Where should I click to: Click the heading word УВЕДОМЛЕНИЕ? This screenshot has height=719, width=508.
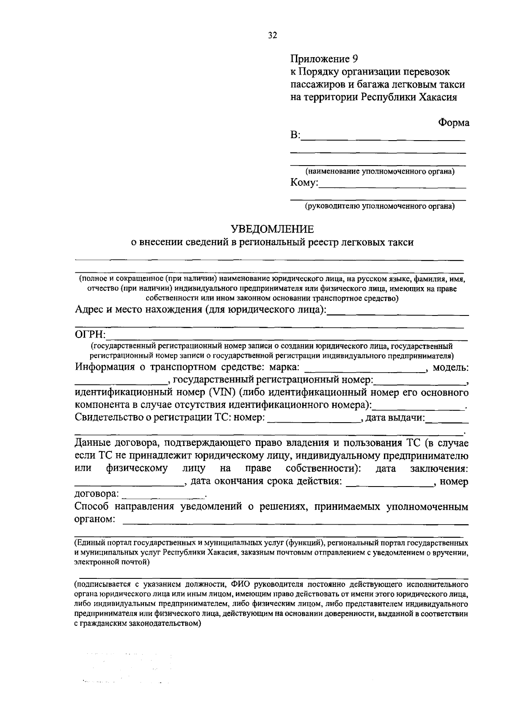click(272, 229)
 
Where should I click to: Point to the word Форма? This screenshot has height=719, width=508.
click(453, 123)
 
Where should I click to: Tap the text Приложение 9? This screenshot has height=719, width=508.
click(325, 58)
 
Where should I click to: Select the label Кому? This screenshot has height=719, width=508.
click(304, 183)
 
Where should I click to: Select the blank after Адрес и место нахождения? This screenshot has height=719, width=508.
click(398, 314)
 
